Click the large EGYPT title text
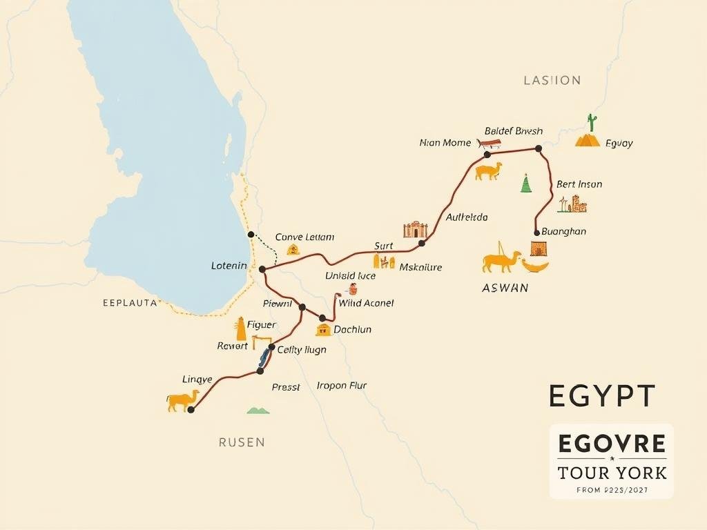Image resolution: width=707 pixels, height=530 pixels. click(x=601, y=396)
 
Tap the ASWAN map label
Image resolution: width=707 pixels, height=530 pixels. click(x=505, y=288)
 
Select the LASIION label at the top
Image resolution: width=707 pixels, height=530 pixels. click(x=552, y=81)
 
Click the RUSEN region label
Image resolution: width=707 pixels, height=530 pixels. click(x=242, y=442)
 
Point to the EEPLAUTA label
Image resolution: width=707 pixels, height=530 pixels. click(x=129, y=302)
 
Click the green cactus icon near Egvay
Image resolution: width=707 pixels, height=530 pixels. click(x=592, y=122)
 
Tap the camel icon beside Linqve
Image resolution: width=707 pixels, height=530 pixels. click(x=183, y=400)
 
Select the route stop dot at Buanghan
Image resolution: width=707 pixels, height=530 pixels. click(x=536, y=233)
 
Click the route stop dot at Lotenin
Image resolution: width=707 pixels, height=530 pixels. click(x=262, y=268)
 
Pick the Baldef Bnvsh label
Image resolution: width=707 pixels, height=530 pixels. click(x=514, y=131)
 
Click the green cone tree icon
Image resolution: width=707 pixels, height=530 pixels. click(x=526, y=184)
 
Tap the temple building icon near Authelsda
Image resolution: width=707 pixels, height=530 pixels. click(x=415, y=230)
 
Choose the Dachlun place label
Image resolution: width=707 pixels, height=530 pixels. click(x=352, y=329)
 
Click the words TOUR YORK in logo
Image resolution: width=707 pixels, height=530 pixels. click(x=611, y=473)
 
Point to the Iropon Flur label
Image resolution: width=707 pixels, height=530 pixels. click(x=341, y=385)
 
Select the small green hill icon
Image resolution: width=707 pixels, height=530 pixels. click(x=258, y=411)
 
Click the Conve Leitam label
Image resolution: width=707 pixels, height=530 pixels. click(x=304, y=237)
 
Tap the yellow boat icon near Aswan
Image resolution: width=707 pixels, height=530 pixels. click(x=535, y=265)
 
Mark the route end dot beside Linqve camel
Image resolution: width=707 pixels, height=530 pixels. click(x=191, y=410)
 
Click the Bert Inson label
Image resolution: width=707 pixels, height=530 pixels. click(x=579, y=184)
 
